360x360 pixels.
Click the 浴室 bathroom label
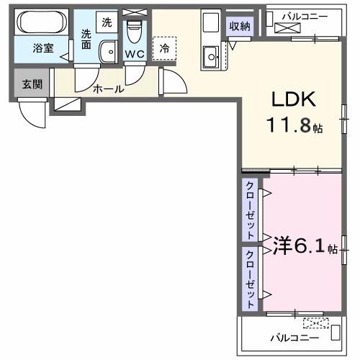[44, 49]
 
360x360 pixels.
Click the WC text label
[134, 54]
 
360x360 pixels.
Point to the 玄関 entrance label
[32, 84]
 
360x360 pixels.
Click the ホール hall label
[109, 89]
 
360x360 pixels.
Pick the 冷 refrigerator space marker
[164, 48]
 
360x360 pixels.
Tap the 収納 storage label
[240, 27]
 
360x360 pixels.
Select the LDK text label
[291, 99]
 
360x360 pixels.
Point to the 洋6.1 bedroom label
[300, 247]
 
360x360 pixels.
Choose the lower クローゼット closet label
[249, 279]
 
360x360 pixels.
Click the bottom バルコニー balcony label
[291, 336]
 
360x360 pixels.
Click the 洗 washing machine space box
[107, 22]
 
